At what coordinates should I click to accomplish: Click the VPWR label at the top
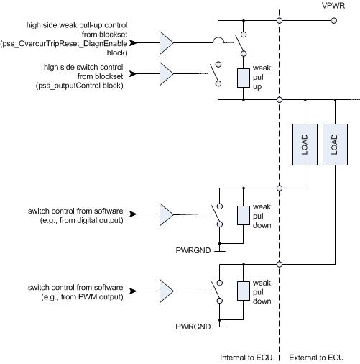pyautogui.click(x=333, y=6)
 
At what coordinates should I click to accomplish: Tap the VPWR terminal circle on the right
pyautogui.click(x=333, y=21)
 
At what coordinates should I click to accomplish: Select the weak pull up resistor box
pyautogui.click(x=244, y=78)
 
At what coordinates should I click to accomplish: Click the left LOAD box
pyautogui.click(x=305, y=145)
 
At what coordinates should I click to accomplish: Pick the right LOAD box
pyautogui.click(x=335, y=145)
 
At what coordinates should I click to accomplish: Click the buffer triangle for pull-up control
pyautogui.click(x=167, y=43)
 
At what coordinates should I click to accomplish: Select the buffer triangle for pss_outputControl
pyautogui.click(x=167, y=74)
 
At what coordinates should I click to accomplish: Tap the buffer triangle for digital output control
pyautogui.click(x=167, y=214)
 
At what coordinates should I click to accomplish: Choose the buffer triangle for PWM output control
pyautogui.click(x=167, y=291)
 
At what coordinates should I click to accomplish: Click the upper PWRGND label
pyautogui.click(x=193, y=250)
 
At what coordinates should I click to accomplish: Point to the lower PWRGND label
pyautogui.click(x=193, y=327)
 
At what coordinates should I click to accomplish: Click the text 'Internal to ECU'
pyautogui.click(x=246, y=358)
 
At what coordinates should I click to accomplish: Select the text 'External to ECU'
pyautogui.click(x=316, y=358)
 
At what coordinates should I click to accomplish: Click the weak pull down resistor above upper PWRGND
pyautogui.click(x=244, y=215)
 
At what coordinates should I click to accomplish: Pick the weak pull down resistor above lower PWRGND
pyautogui.click(x=244, y=291)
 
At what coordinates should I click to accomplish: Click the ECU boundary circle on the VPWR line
pyautogui.click(x=280, y=21)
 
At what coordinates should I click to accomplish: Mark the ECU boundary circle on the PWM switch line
pyautogui.click(x=280, y=264)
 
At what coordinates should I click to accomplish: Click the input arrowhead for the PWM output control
pyautogui.click(x=133, y=291)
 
